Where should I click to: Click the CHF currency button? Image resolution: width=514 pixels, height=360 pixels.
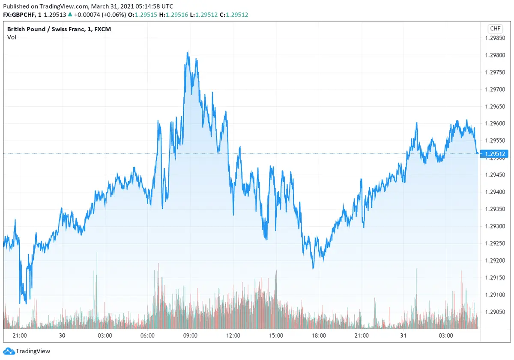pyautogui.click(x=495, y=29)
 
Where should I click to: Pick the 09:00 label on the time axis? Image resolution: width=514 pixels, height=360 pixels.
pyautogui.click(x=190, y=336)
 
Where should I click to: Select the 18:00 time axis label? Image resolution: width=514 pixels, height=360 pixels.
pyautogui.click(x=319, y=336)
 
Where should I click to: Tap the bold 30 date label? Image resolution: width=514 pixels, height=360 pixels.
pyautogui.click(x=62, y=336)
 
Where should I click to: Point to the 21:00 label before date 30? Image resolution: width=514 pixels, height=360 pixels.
pyautogui.click(x=20, y=336)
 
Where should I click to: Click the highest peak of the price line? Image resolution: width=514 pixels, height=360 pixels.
pyautogui.click(x=188, y=53)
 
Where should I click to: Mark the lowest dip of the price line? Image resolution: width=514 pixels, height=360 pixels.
pyautogui.click(x=26, y=303)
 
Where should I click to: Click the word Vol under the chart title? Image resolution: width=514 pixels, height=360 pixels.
pyautogui.click(x=12, y=37)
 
